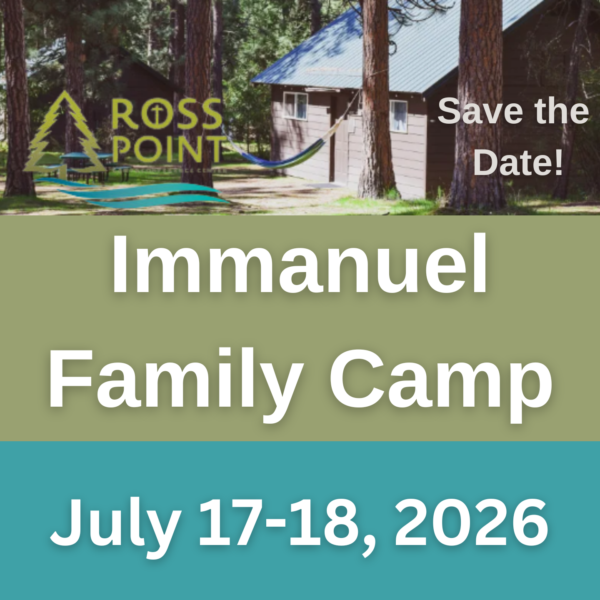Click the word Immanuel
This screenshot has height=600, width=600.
pos(299,265)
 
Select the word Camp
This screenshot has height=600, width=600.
pos(440,381)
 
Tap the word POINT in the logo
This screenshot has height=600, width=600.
pos(169,149)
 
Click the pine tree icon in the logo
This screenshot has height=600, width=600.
pos(62,133)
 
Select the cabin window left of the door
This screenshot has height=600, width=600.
pos(295,105)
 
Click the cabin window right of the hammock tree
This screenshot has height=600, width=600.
pos(398,115)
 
